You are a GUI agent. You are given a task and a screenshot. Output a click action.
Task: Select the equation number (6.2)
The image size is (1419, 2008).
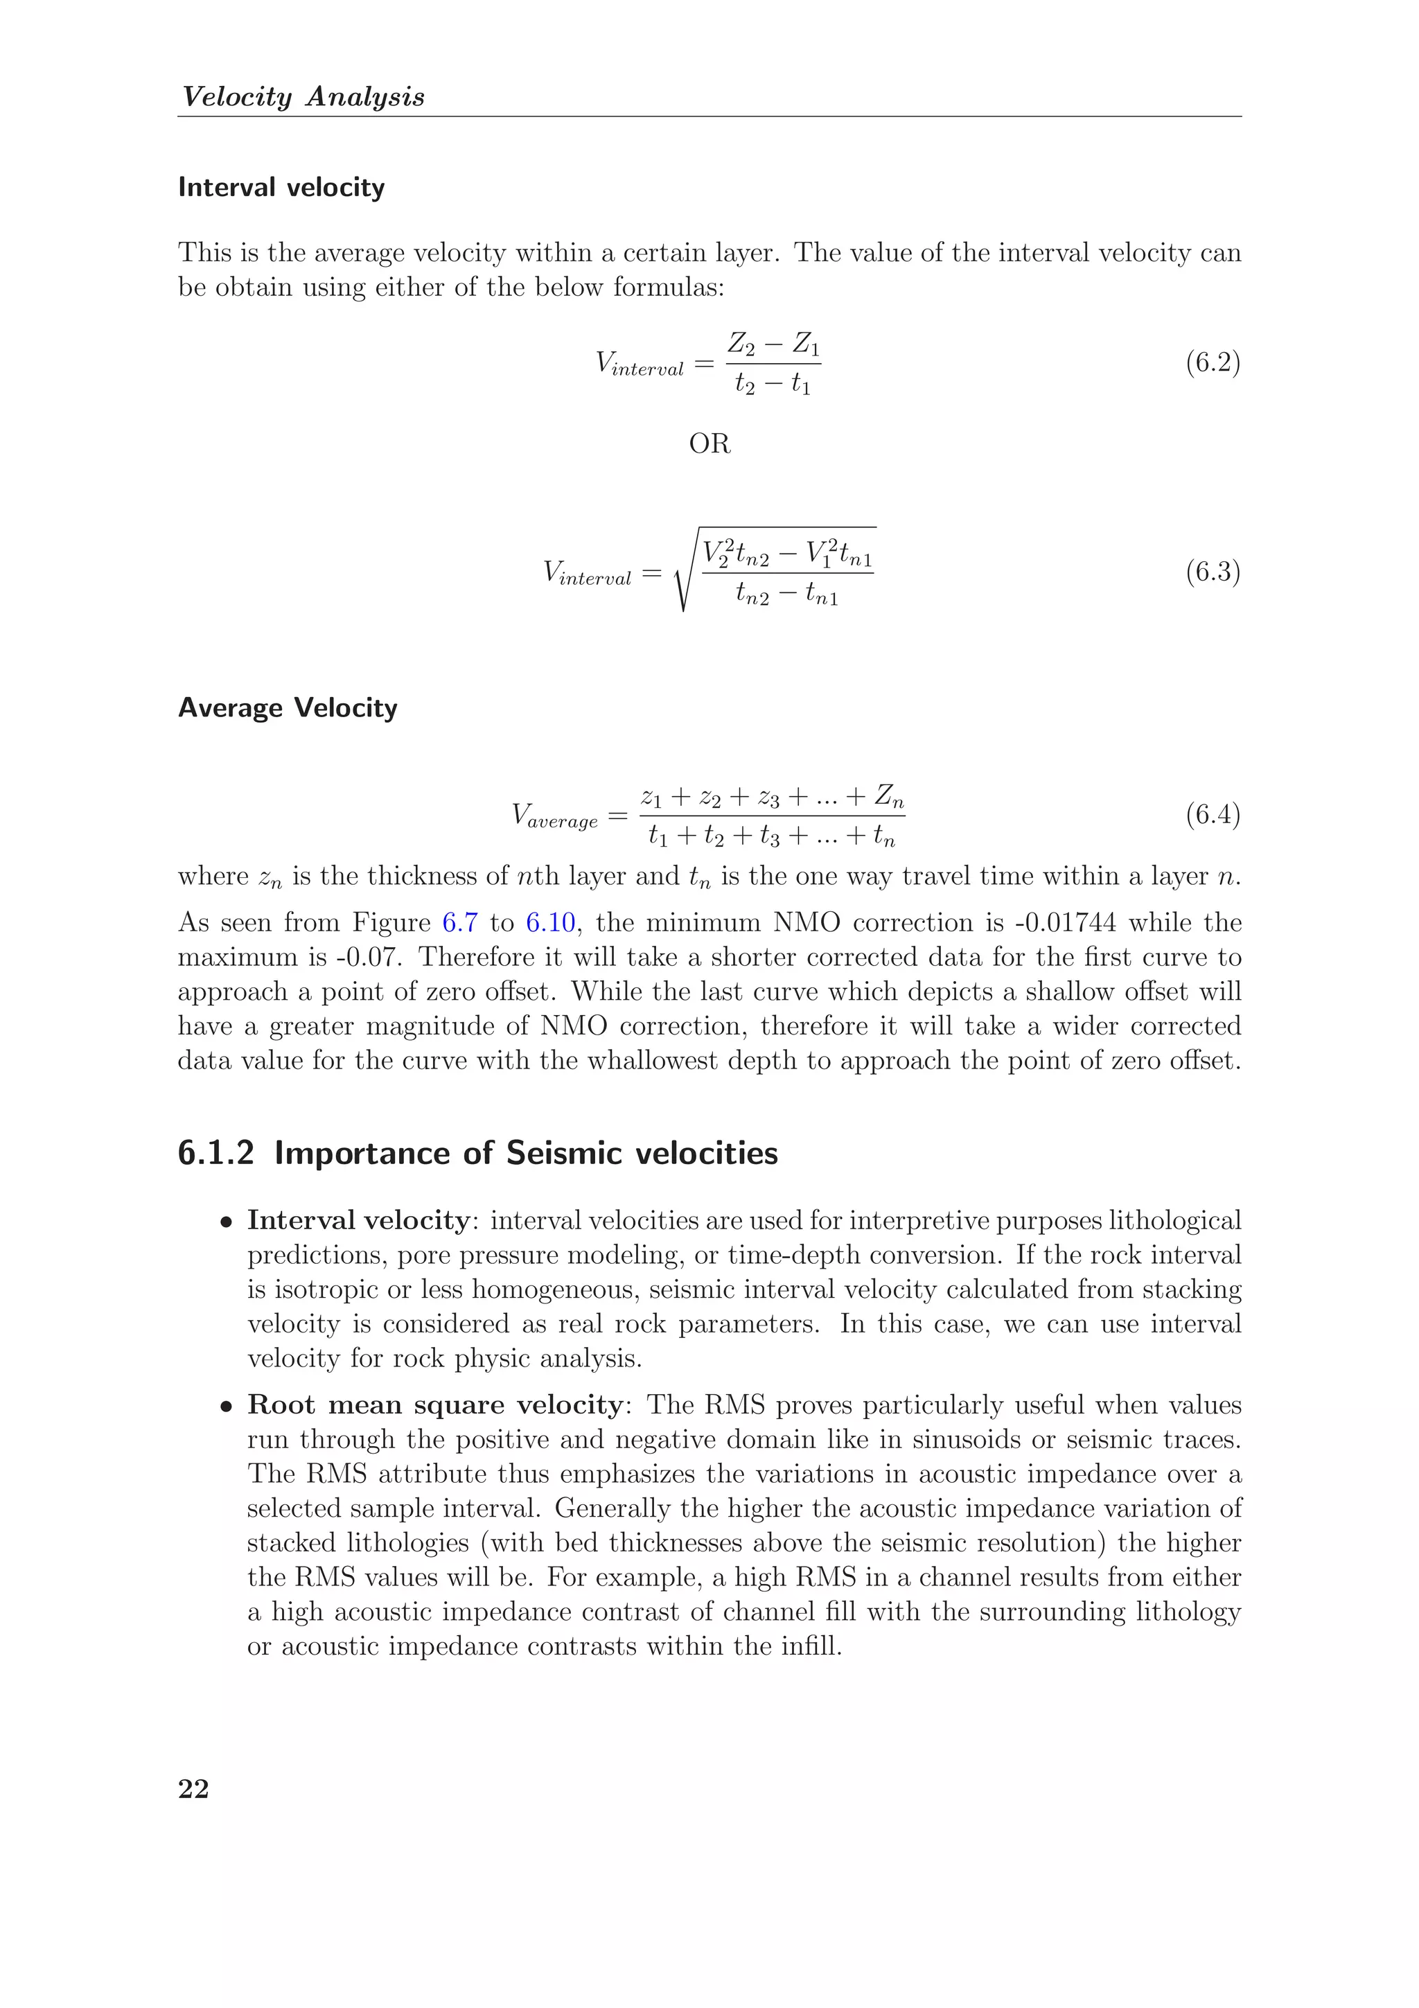tap(1213, 362)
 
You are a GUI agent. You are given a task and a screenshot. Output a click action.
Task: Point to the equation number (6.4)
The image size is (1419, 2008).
tap(1213, 814)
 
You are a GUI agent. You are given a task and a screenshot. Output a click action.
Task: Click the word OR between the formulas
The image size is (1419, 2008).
tap(709, 444)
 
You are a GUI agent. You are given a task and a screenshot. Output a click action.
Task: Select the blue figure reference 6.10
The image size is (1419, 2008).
tap(550, 923)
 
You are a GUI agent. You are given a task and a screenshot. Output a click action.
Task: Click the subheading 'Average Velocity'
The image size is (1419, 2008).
tap(288, 707)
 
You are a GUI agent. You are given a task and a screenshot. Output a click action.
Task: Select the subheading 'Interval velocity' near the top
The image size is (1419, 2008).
tap(281, 187)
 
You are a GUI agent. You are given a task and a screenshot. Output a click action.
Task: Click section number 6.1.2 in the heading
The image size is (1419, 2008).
tap(215, 1154)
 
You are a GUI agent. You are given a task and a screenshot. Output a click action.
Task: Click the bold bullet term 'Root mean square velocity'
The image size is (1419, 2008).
tap(434, 1404)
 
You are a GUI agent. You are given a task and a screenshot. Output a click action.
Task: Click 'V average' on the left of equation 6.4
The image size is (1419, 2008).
tap(555, 816)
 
